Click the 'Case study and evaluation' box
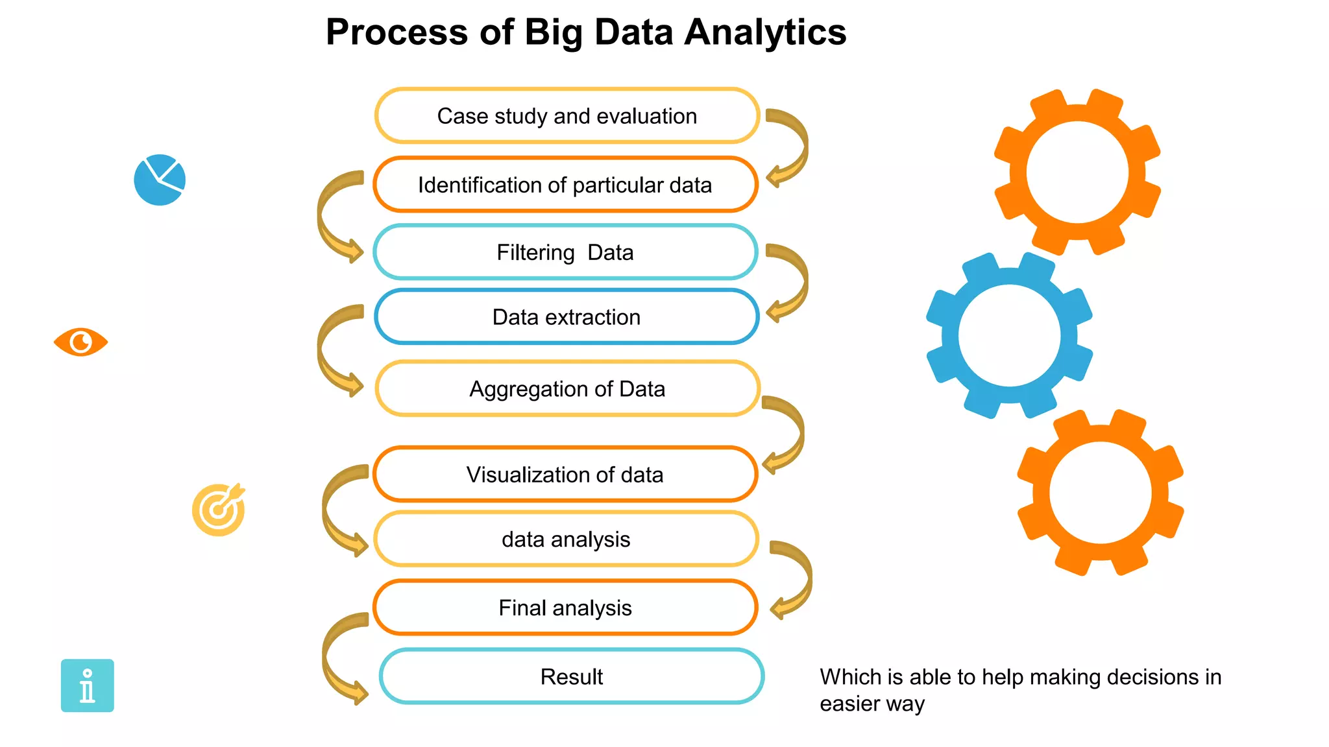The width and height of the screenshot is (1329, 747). pyautogui.click(x=567, y=116)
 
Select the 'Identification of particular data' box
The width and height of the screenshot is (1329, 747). pyautogui.click(x=565, y=185)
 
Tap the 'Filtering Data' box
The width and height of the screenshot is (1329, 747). pyautogui.click(x=565, y=252)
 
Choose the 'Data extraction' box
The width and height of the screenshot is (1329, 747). pyautogui.click(x=567, y=317)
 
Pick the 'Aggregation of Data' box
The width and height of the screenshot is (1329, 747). pyautogui.click(x=567, y=388)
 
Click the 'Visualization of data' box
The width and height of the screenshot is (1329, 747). pyautogui.click(x=565, y=474)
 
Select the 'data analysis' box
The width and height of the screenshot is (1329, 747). pyautogui.click(x=566, y=539)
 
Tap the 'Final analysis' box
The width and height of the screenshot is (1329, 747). pyautogui.click(x=565, y=608)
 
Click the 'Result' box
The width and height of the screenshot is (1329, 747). pyautogui.click(x=572, y=676)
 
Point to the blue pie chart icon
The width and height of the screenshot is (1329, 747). pyautogui.click(x=160, y=180)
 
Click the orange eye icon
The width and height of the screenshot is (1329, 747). pyautogui.click(x=80, y=342)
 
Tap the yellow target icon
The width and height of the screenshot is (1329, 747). pyautogui.click(x=219, y=510)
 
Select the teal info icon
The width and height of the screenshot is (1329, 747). pyautogui.click(x=88, y=685)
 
